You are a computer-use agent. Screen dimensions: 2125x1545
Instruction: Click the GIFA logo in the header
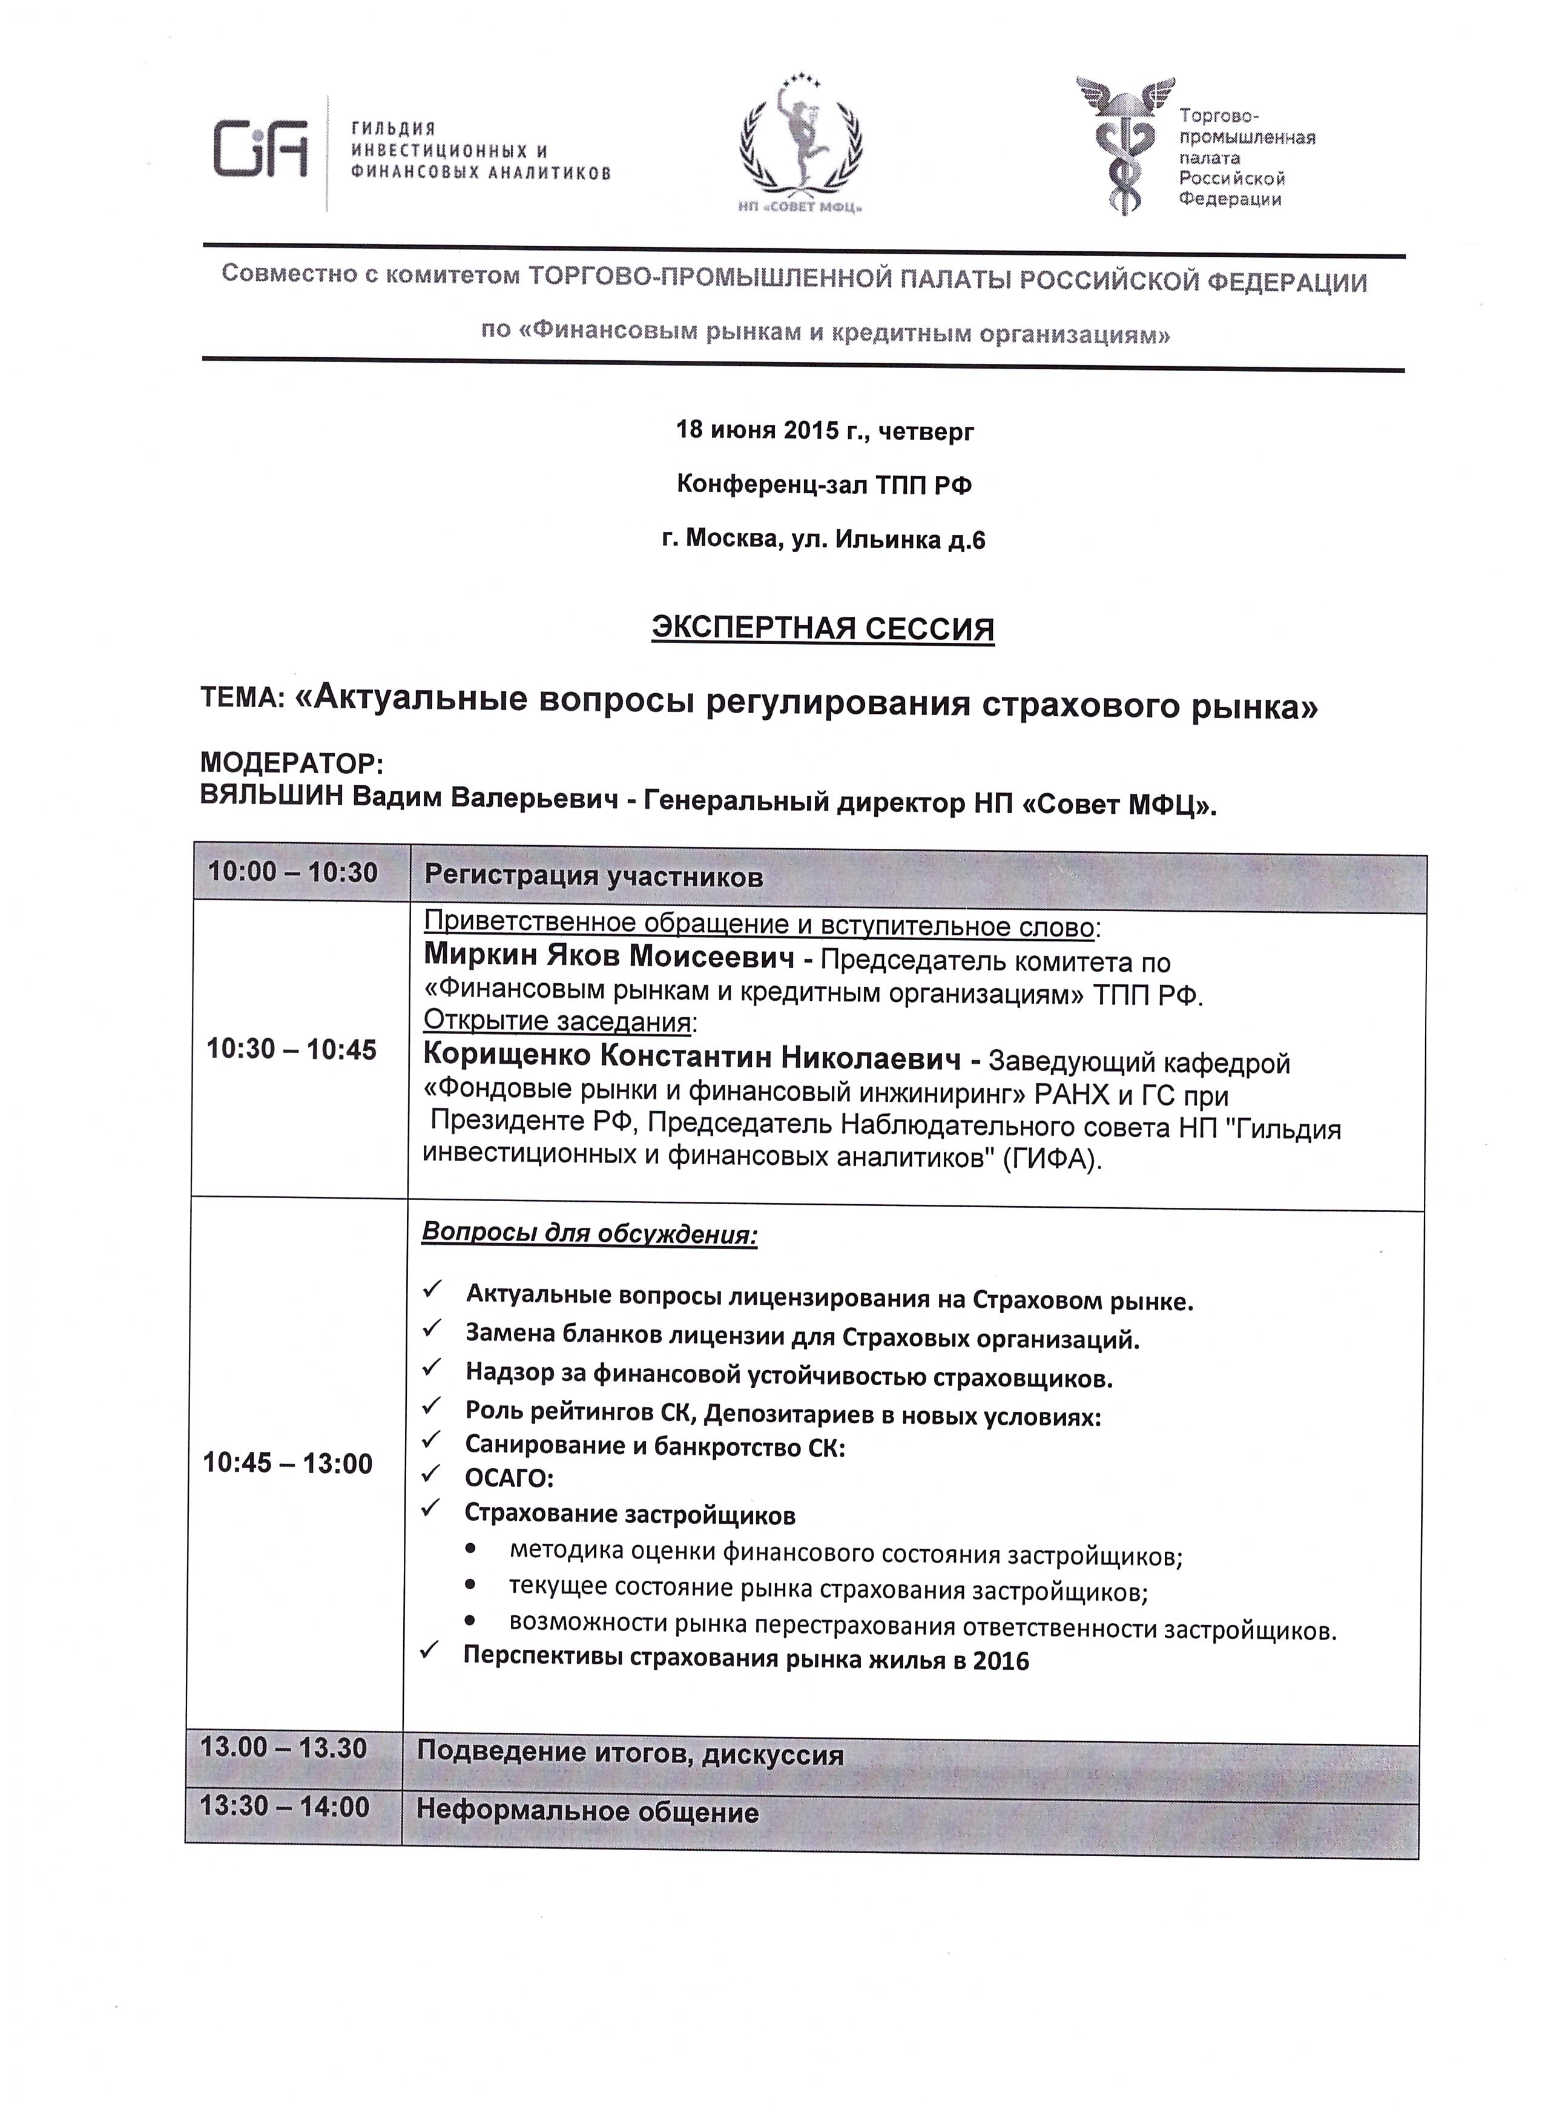(x=260, y=148)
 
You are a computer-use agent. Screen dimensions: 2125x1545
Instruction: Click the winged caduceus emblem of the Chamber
(x=1124, y=145)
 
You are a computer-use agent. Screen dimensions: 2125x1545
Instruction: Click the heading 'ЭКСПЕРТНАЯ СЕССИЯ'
(x=823, y=628)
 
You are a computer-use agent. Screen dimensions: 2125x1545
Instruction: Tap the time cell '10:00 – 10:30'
(x=293, y=872)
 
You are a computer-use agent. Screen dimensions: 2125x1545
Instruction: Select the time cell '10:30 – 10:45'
(x=291, y=1049)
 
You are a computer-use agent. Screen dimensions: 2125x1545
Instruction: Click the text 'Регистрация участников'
(x=593, y=877)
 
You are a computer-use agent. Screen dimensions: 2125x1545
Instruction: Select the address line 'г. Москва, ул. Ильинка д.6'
(x=823, y=539)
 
